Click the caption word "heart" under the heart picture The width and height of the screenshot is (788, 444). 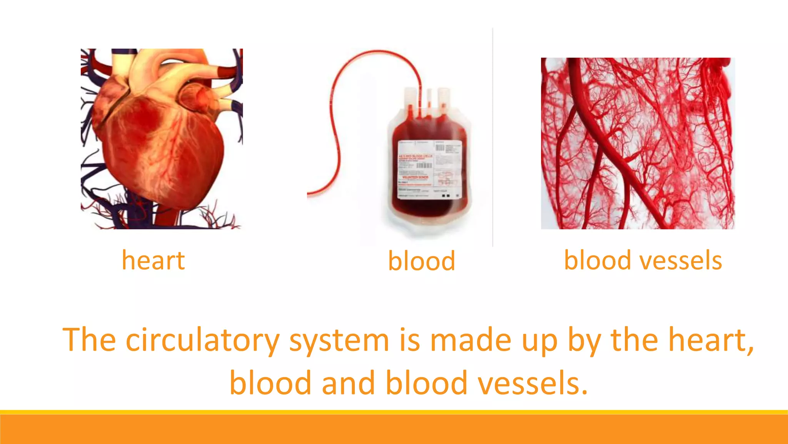click(153, 261)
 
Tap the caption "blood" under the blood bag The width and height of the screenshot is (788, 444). click(421, 261)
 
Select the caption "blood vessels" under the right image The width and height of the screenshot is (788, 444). click(643, 261)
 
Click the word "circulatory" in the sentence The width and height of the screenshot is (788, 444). click(202, 341)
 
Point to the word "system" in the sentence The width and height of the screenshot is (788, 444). click(339, 341)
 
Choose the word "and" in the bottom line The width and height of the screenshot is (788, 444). click(348, 383)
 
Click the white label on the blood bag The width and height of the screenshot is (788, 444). click(429, 170)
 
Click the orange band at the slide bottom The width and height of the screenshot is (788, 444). click(394, 429)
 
